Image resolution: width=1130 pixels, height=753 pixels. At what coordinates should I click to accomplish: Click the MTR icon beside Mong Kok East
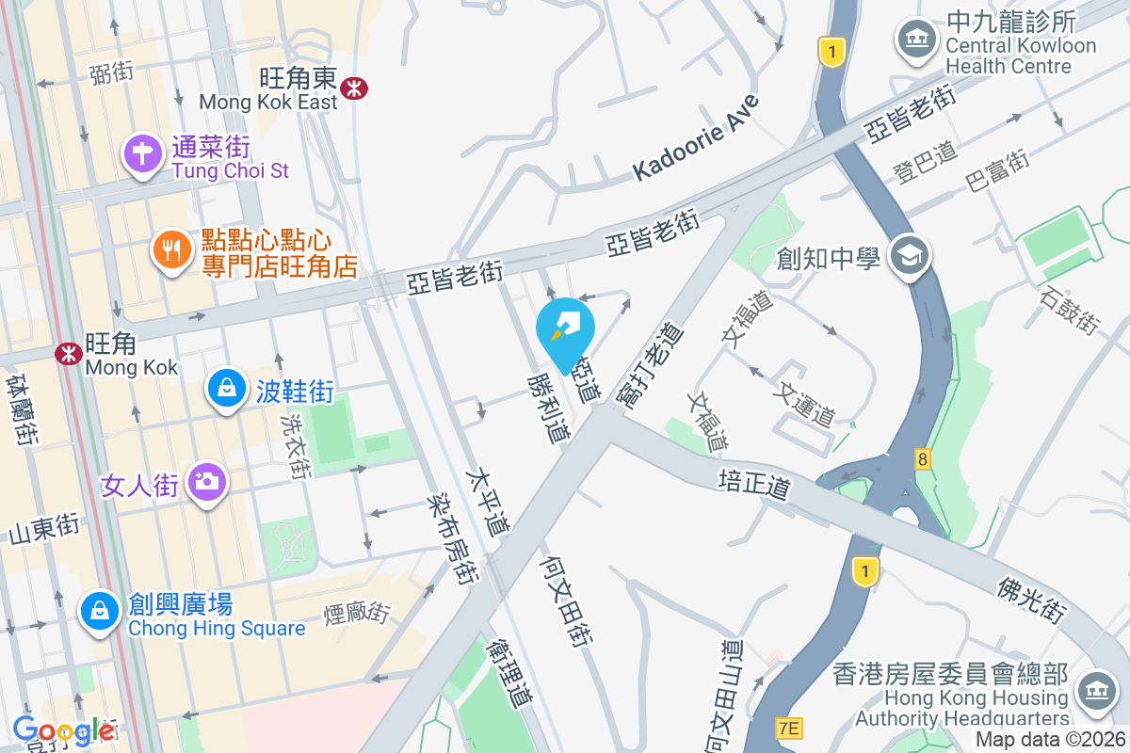pos(355,88)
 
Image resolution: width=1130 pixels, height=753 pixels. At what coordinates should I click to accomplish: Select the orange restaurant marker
pos(170,250)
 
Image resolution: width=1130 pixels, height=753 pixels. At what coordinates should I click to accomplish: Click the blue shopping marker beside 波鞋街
pos(226,388)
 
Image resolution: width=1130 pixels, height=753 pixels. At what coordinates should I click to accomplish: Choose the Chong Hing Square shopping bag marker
pos(99,611)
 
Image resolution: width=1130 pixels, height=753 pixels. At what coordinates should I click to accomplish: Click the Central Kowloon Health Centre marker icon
pos(915,40)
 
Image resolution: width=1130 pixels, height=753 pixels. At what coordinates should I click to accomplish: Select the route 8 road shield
pos(923,459)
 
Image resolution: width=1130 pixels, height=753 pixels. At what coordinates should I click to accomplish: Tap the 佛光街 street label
pos(1031,599)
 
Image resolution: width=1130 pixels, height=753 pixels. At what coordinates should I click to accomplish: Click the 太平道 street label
pos(492,503)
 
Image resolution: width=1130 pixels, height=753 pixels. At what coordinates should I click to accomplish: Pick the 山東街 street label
pos(43,529)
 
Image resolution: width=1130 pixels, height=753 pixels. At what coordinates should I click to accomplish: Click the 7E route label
pos(789,728)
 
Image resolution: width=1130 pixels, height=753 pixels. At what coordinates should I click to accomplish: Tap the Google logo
pos(63,730)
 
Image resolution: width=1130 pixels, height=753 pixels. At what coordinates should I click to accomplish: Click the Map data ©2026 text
pos(1050,740)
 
